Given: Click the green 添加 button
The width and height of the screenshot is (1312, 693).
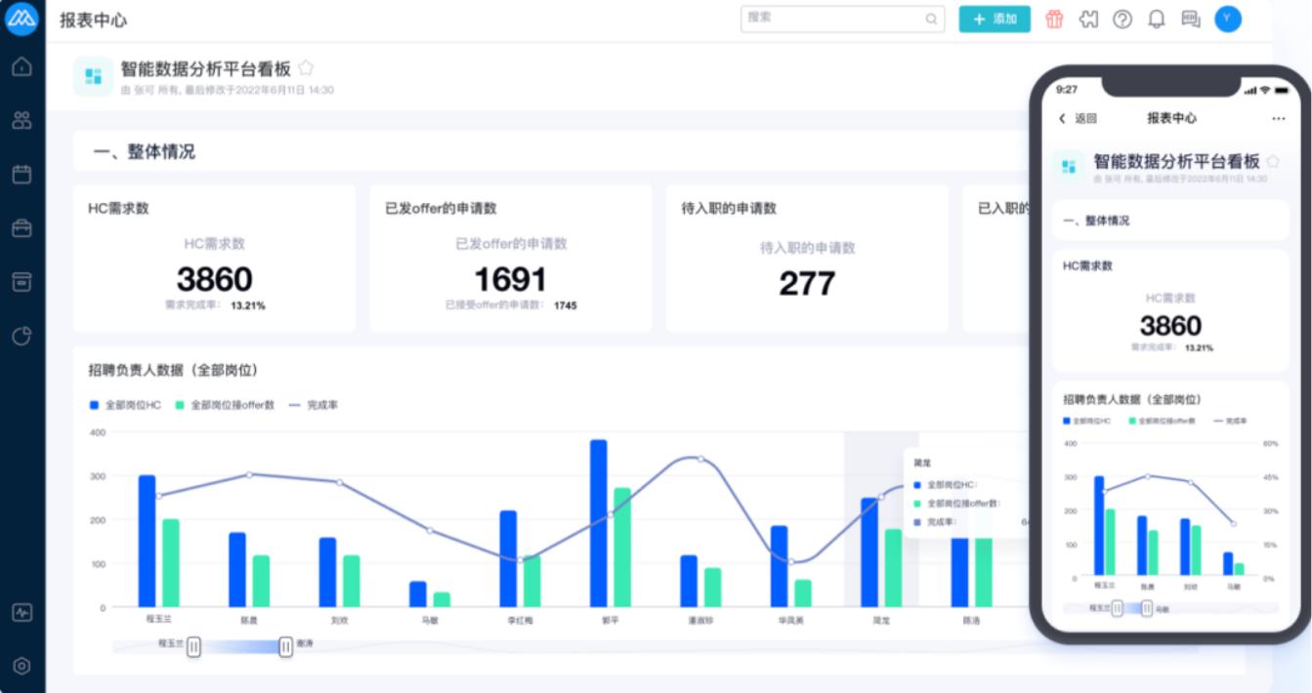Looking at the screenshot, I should click(x=995, y=19).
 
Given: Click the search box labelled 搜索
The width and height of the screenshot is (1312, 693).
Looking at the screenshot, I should click(x=841, y=19).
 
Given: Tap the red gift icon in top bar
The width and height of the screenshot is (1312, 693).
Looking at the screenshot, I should click(x=1054, y=19).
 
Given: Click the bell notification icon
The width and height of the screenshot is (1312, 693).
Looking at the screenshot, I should click(x=1157, y=19).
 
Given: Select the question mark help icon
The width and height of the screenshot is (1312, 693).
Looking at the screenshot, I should click(x=1122, y=19).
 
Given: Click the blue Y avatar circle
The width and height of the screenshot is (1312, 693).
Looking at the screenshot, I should click(x=1228, y=19).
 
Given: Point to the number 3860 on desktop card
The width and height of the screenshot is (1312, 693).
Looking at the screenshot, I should click(x=214, y=280).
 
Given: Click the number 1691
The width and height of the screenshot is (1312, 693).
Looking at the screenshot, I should click(x=510, y=280).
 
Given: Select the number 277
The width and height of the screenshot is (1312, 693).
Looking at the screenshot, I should click(x=807, y=283).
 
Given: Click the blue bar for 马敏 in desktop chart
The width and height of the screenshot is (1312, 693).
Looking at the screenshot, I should click(x=418, y=593).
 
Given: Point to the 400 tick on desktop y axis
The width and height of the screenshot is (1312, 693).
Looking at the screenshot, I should click(x=97, y=431).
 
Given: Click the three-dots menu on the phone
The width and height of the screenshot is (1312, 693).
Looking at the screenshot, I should click(x=1279, y=118).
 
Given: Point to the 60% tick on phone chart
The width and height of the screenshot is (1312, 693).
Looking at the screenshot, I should click(x=1269, y=443).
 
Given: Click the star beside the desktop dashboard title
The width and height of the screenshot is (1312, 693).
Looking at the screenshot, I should click(x=306, y=68).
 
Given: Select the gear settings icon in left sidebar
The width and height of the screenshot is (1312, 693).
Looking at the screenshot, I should click(x=21, y=666).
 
